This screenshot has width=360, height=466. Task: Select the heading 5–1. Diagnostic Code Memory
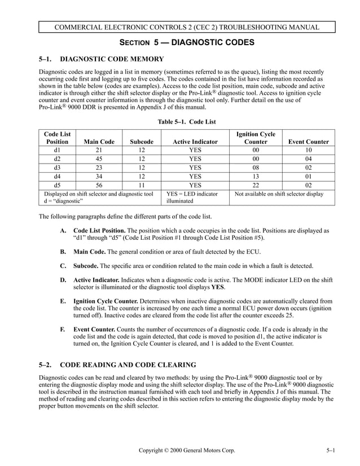(101, 59)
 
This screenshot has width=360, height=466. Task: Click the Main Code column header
(99, 142)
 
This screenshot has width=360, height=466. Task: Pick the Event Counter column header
(308, 142)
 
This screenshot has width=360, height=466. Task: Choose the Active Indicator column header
(195, 142)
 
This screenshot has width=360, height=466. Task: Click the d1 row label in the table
(57, 151)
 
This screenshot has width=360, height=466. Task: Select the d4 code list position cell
(57, 175)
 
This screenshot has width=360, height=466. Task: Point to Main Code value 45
(99, 159)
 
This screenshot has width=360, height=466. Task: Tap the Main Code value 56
(99, 184)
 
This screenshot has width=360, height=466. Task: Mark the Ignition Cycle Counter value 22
(256, 184)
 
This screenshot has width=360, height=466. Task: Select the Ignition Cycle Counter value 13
(256, 175)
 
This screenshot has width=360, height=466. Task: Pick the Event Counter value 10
(308, 151)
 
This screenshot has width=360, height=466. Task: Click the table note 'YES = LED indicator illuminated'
(192, 197)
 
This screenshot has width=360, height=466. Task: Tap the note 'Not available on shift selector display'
(279, 194)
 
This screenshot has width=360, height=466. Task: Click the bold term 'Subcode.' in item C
(86, 266)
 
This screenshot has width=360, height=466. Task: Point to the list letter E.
(63, 301)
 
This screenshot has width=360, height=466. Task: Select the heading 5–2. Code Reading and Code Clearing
(117, 365)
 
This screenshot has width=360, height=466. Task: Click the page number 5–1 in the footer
(330, 450)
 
